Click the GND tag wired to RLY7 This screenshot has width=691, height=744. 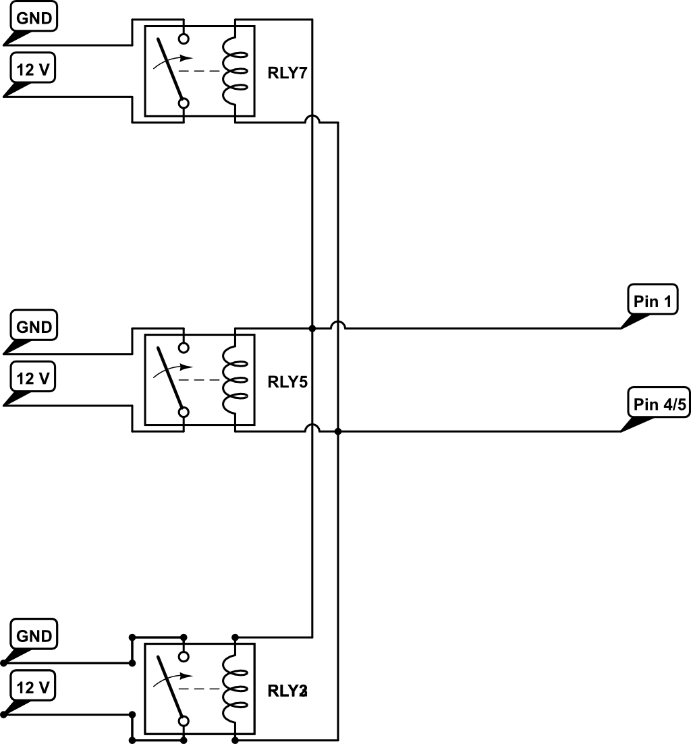(34, 18)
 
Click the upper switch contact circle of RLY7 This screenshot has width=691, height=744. (183, 38)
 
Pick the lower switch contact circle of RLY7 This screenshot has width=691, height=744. (183, 103)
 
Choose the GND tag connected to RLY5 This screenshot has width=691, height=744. (34, 327)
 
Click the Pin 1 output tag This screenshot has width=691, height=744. (653, 301)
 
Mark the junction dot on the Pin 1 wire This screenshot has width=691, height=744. (312, 329)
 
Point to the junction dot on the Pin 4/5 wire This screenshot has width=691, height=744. (337, 431)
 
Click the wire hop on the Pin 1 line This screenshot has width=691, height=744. (337, 325)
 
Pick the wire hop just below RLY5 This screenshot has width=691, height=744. (312, 428)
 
